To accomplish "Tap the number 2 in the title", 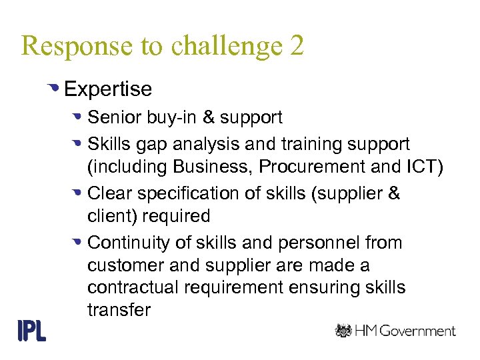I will point(297,46).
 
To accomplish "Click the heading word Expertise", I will point(108,89).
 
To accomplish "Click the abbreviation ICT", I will point(424,167).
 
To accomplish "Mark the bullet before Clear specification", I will point(77,193).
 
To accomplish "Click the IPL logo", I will point(31,331).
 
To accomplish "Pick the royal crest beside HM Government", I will point(344,330).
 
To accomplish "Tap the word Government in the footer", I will point(417,331).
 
